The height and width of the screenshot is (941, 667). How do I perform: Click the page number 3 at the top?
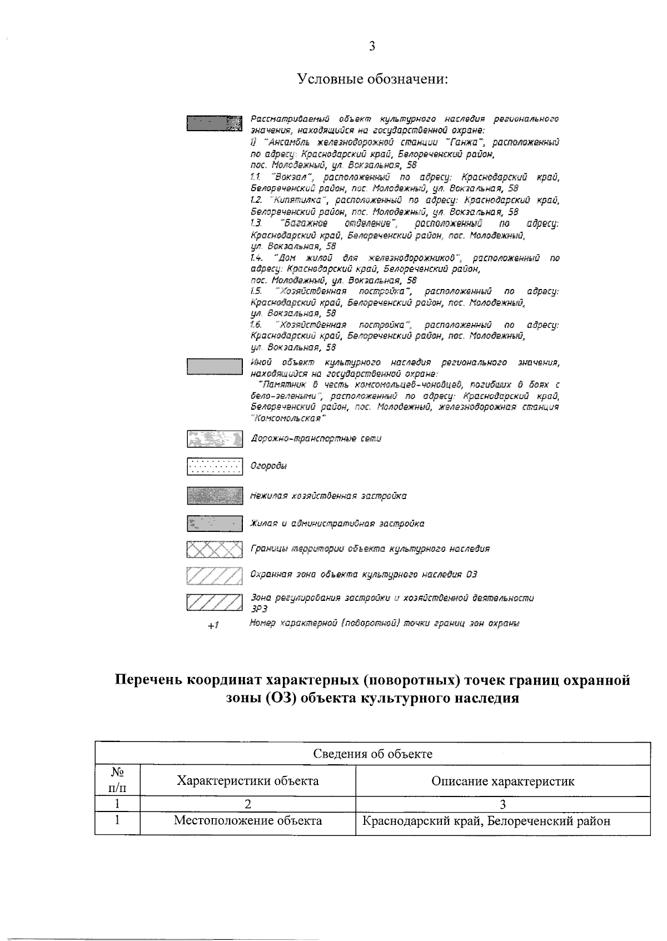click(372, 46)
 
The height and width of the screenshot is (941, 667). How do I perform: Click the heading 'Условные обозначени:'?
click(372, 79)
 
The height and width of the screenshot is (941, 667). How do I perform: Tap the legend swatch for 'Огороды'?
click(215, 466)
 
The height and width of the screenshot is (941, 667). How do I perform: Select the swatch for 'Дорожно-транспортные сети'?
click(215, 439)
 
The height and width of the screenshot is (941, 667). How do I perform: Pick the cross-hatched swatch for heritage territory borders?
click(215, 549)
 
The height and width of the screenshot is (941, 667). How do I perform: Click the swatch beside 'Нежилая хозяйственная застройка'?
click(215, 496)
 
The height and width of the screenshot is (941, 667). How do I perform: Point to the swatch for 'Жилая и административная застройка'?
click(215, 524)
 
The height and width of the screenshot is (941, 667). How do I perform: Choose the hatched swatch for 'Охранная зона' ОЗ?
click(215, 575)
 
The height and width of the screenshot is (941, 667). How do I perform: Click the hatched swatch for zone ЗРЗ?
click(215, 603)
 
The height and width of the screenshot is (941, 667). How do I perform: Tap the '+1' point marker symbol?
click(213, 626)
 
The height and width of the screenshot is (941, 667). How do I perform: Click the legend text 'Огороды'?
click(268, 466)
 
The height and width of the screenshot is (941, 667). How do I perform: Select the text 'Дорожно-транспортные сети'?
click(316, 439)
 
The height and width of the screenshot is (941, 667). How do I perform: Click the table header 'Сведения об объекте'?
click(372, 754)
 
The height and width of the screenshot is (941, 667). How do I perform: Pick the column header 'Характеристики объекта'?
click(247, 781)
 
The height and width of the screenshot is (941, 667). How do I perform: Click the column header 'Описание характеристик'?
click(502, 781)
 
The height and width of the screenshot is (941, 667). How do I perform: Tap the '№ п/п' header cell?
click(117, 781)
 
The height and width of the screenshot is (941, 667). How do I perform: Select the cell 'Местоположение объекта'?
click(247, 820)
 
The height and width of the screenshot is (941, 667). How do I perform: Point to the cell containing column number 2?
click(247, 803)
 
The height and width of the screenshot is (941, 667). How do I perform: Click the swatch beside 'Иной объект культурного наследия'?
click(215, 367)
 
